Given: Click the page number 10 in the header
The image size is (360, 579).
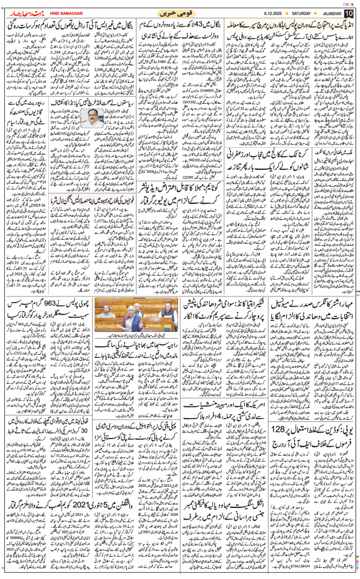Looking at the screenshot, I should (348, 12).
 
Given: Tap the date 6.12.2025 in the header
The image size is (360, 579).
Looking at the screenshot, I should (273, 13).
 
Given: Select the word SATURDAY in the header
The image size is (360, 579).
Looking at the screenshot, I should (304, 13).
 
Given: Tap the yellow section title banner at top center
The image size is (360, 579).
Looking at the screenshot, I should (179, 12).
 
